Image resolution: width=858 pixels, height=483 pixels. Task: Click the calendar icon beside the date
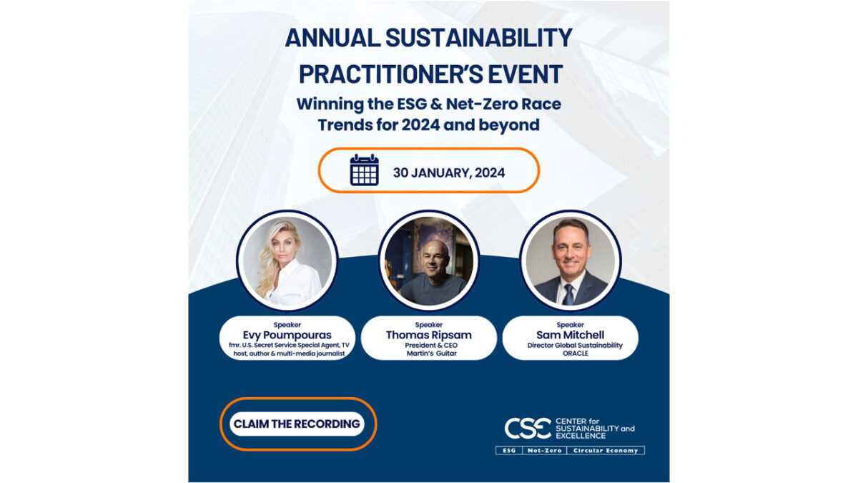click(x=364, y=170)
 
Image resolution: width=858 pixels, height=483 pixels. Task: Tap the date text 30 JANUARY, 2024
click(x=449, y=173)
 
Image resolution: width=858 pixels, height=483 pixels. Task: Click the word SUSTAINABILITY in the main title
click(x=479, y=38)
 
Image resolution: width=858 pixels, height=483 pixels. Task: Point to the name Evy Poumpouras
click(x=287, y=335)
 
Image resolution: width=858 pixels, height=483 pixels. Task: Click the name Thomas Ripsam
click(x=428, y=335)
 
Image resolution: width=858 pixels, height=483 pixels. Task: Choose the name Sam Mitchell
click(x=571, y=335)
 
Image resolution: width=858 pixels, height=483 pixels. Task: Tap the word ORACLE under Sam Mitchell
click(x=576, y=353)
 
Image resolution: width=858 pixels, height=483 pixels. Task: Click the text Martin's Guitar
click(x=432, y=353)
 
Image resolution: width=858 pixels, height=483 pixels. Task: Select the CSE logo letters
click(x=528, y=428)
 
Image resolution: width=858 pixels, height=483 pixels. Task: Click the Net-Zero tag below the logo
click(x=544, y=450)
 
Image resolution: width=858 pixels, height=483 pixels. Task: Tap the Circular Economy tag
click(x=606, y=450)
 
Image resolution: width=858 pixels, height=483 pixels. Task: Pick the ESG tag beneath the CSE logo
click(x=509, y=450)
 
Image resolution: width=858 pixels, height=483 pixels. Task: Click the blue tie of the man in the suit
click(x=569, y=294)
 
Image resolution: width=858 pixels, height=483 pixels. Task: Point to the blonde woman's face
click(x=284, y=245)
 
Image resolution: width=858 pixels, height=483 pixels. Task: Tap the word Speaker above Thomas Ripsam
click(x=428, y=325)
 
